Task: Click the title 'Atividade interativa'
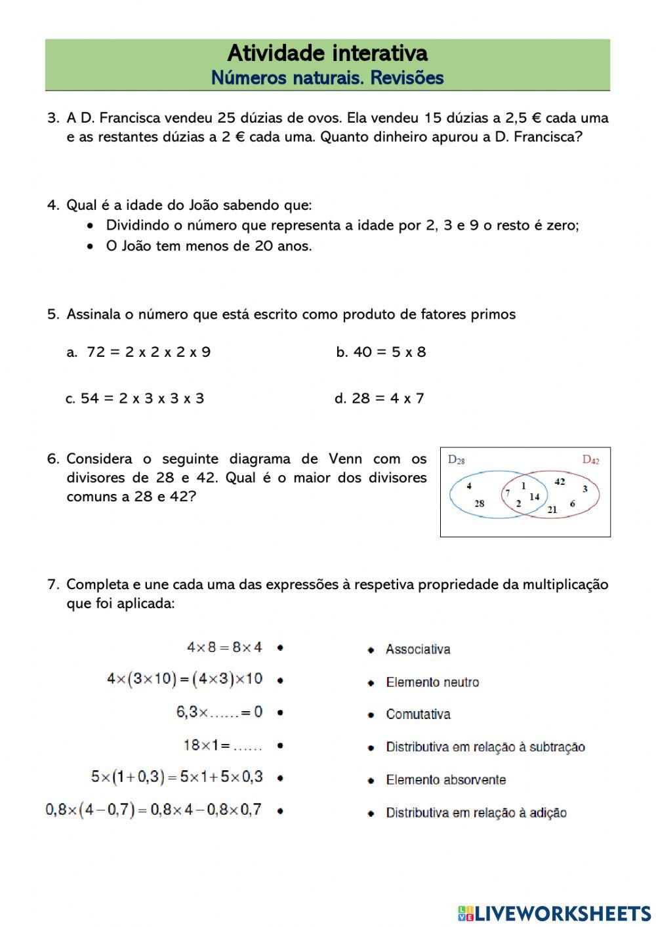(x=327, y=53)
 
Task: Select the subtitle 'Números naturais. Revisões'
(x=327, y=78)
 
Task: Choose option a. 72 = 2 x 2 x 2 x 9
(x=139, y=352)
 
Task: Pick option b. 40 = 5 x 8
(x=381, y=352)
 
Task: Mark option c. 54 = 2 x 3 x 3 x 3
(x=135, y=398)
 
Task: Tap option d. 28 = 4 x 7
(x=380, y=398)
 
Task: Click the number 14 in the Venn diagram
(x=534, y=497)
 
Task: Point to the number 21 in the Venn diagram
(x=552, y=509)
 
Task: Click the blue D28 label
(x=457, y=460)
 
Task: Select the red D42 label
(x=590, y=460)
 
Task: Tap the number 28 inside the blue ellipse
(x=479, y=504)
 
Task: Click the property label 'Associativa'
(x=418, y=649)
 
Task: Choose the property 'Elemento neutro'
(x=432, y=682)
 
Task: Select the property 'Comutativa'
(x=418, y=714)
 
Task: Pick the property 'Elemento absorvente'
(x=445, y=780)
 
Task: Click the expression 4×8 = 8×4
(x=224, y=648)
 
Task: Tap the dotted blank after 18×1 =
(x=247, y=747)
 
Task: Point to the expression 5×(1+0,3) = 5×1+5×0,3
(x=177, y=777)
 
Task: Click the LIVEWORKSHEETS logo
(x=554, y=913)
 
